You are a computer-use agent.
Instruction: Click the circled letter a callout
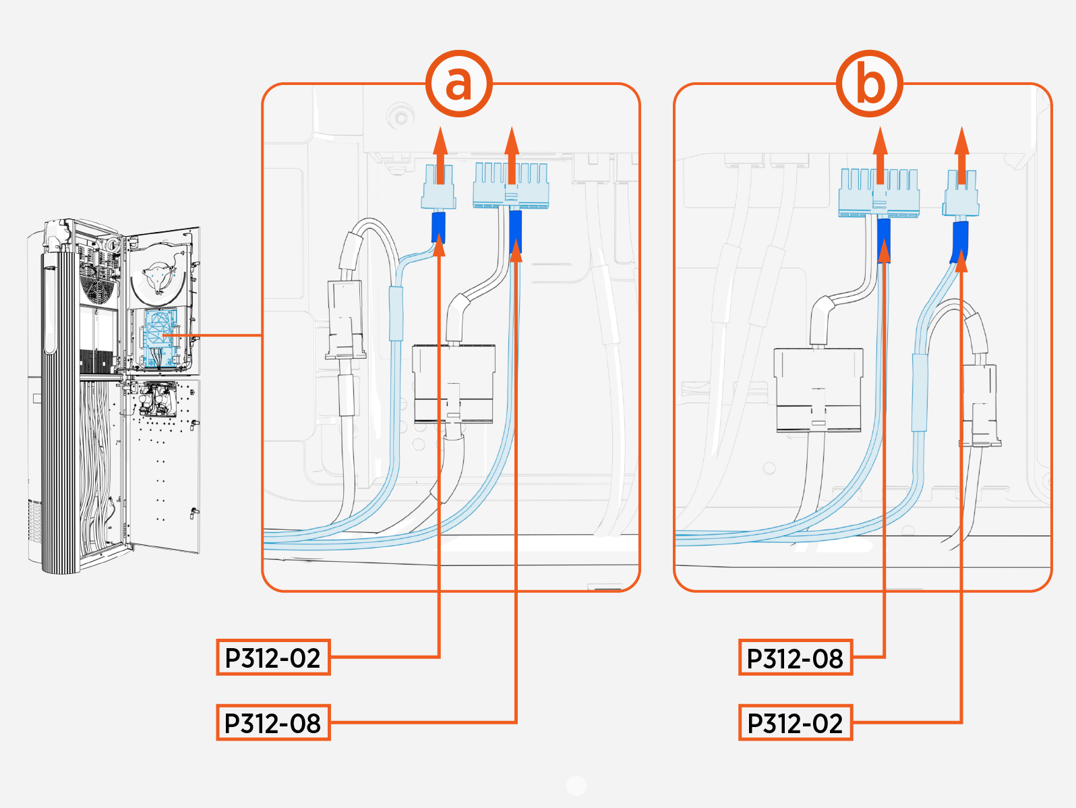pos(458,84)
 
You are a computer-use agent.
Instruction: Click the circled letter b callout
pos(870,84)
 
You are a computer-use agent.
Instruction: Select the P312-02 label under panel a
pos(273,658)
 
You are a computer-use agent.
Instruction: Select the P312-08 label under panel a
pos(273,723)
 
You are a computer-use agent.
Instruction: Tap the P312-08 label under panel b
pos(796,658)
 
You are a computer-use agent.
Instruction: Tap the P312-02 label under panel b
pos(796,723)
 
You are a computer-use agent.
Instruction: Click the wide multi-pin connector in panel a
pos(511,187)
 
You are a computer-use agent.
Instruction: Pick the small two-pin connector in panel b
pos(961,194)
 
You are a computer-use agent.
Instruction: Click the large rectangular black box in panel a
pos(454,383)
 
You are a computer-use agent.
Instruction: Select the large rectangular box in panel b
pos(818,389)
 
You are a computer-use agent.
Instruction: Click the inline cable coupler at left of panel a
pos(345,320)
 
